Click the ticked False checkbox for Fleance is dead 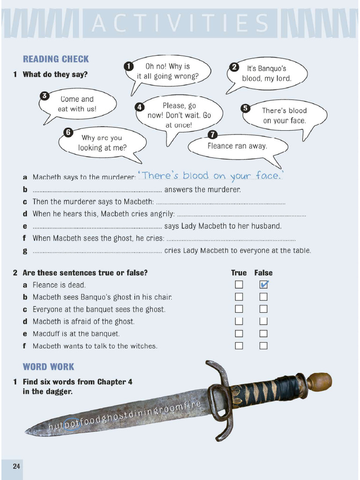pyautogui.click(x=263, y=285)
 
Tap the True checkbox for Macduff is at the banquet pyautogui.click(x=239, y=334)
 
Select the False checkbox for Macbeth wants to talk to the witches pyautogui.click(x=263, y=346)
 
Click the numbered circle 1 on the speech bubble pyautogui.click(x=128, y=66)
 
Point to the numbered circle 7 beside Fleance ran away pyautogui.click(x=212, y=135)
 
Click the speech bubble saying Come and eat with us pyautogui.click(x=77, y=104)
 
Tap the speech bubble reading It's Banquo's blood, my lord pyautogui.click(x=267, y=74)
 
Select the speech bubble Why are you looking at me pyautogui.click(x=102, y=142)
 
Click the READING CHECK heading pyautogui.click(x=56, y=59)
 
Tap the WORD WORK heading pyautogui.click(x=49, y=367)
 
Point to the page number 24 pyautogui.click(x=16, y=466)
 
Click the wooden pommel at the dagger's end pyautogui.click(x=320, y=381)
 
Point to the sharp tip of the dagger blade pyautogui.click(x=28, y=432)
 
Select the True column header pyautogui.click(x=239, y=273)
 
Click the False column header pyautogui.click(x=263, y=273)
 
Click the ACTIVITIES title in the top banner pyautogui.click(x=180, y=23)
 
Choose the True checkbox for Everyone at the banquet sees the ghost pyautogui.click(x=239, y=309)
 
